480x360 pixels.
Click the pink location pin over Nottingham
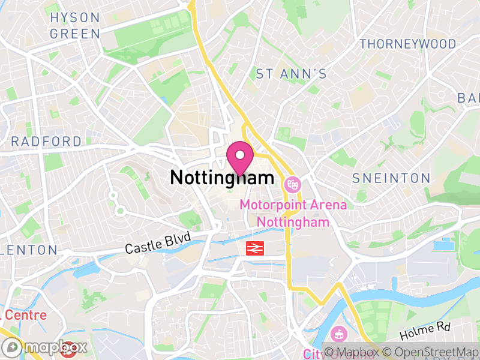pyautogui.click(x=241, y=158)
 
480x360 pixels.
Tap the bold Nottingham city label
pyautogui.click(x=222, y=178)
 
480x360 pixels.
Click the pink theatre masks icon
pyautogui.click(x=293, y=182)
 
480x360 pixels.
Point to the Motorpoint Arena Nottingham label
pyautogui.click(x=293, y=213)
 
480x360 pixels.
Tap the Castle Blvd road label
pyautogui.click(x=157, y=243)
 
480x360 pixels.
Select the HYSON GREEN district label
pyautogui.click(x=75, y=26)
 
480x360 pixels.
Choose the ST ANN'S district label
pyautogui.click(x=292, y=74)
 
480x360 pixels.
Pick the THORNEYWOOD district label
pyautogui.click(x=407, y=44)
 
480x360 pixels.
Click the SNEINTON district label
pyautogui.click(x=391, y=178)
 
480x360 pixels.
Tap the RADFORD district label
pyautogui.click(x=46, y=142)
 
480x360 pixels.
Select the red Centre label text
pyautogui.click(x=24, y=314)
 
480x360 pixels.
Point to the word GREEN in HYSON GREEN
pyautogui.click(x=75, y=34)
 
